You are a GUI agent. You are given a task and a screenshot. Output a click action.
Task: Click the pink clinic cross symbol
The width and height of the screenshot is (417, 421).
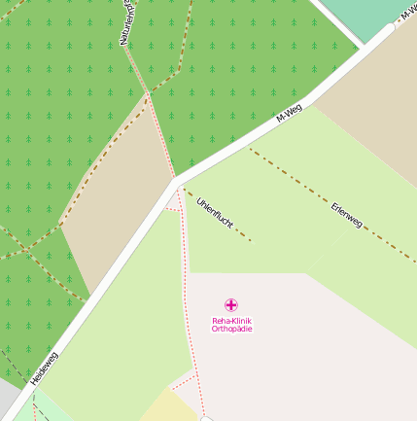coord(230,305)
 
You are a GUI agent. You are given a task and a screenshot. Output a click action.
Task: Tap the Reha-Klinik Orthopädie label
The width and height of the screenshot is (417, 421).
coord(231,325)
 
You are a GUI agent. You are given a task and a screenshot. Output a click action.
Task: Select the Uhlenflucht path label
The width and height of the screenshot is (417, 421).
coord(215,218)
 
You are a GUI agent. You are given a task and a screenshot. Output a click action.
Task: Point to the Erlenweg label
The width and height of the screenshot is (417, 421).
coord(346,216)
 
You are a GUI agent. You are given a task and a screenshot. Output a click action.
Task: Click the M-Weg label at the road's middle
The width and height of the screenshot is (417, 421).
coord(289,114)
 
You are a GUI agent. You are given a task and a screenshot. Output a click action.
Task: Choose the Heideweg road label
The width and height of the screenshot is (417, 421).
coord(45,369)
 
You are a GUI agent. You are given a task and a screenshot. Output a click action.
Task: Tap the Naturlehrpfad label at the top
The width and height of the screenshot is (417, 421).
coord(126,23)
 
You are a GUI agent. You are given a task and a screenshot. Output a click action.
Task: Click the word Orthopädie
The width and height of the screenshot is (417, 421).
coord(231,330)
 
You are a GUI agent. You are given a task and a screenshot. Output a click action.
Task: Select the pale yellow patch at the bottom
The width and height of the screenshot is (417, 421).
coord(171,406)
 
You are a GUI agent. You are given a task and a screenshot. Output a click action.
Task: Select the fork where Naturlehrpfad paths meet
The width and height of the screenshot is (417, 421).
coord(148,93)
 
